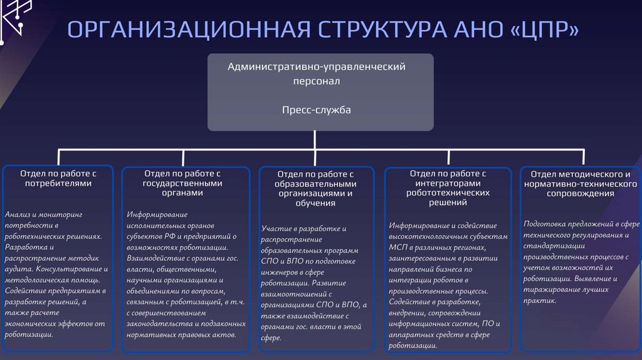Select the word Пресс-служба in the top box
point(320,110)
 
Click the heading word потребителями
point(58,184)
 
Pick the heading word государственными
point(182,183)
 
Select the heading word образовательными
point(315,184)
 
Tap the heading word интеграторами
point(448,183)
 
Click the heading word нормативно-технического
point(580,184)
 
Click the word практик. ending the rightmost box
point(540,301)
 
